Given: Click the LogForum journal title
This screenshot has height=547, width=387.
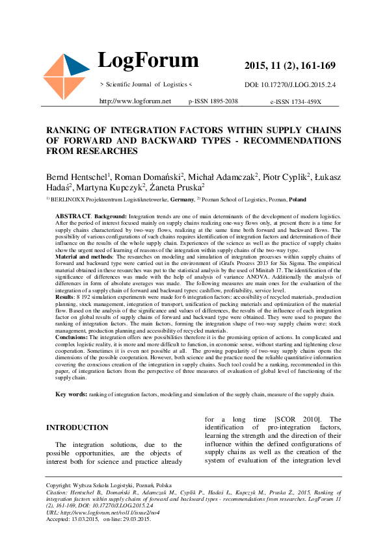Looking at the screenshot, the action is pos(148,61).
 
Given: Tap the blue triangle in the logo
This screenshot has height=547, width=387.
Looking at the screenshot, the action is pos(77,66).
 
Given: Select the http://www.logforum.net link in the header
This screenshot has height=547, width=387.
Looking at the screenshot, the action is pos(135,101).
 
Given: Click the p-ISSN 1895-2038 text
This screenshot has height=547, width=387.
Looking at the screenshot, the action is pos(213,102).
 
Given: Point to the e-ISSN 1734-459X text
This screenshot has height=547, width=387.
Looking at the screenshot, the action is pos(296,102).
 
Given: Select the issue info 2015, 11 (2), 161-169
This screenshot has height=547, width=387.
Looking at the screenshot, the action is pos(289,66).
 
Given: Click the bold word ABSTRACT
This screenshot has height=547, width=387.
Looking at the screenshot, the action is pos(73,215).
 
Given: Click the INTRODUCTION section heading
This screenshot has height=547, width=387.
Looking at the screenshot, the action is pos(77,427).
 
